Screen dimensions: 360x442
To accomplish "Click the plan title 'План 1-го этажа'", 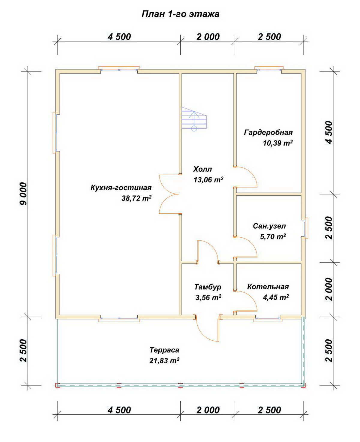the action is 180,14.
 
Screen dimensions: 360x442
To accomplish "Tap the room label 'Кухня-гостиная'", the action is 121,188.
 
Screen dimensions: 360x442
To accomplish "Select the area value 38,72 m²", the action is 136,198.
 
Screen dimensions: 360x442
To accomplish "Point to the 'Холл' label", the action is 202,169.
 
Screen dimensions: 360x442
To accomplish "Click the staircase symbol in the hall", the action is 194,119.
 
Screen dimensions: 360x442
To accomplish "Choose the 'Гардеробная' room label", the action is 268,132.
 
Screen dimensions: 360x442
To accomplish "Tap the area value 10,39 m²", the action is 278,143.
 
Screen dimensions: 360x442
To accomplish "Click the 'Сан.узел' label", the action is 269,226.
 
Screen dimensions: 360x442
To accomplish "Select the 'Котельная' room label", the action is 268,287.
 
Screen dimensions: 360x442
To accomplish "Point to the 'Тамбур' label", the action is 208,287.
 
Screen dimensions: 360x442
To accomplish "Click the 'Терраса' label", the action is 164,350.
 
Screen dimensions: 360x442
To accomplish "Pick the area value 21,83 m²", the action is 164,361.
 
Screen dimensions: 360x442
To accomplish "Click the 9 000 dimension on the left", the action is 23,194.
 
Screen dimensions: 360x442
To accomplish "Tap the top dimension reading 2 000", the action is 208,37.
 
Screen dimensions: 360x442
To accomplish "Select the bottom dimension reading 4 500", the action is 119,410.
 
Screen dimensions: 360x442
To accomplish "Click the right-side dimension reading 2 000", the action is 329,290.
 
